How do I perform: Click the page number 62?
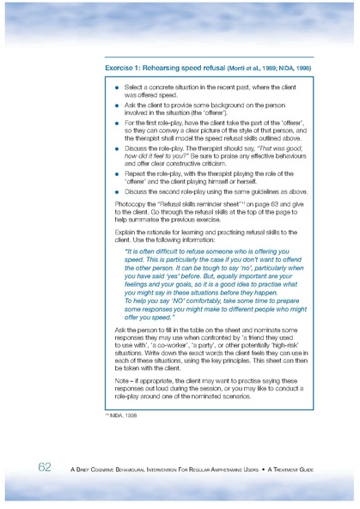(46, 467)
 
